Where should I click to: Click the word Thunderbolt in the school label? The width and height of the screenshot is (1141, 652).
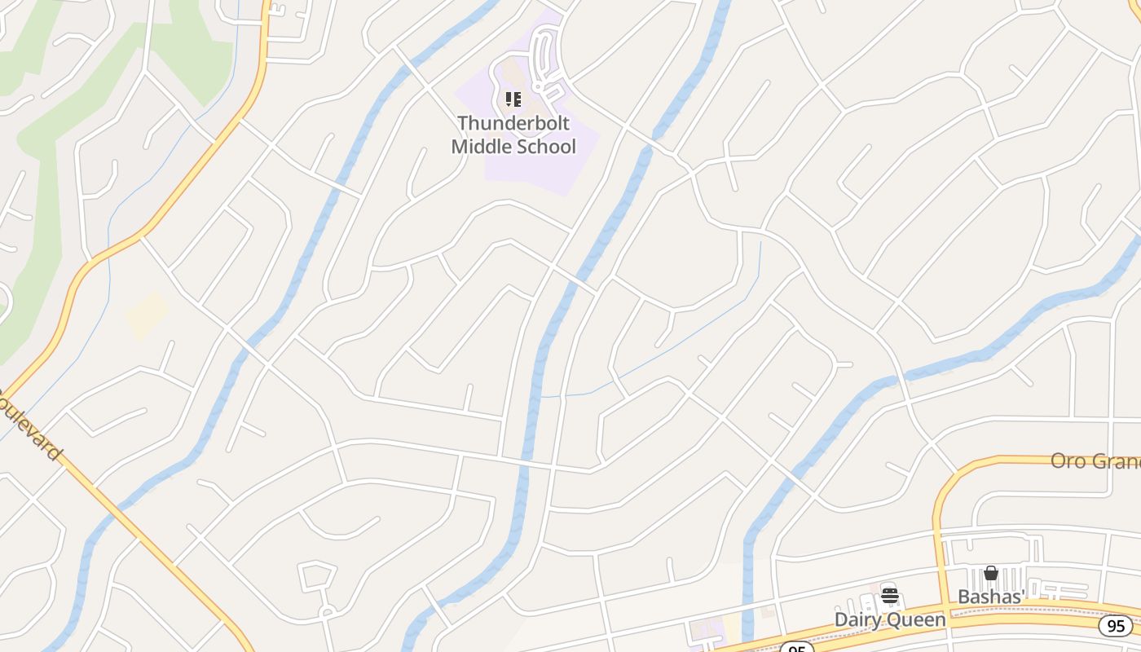tap(513, 123)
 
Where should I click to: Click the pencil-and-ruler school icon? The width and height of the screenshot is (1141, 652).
tap(513, 99)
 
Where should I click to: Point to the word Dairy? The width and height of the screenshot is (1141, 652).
tap(859, 620)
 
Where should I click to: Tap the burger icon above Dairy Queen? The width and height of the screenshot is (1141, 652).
tap(890, 597)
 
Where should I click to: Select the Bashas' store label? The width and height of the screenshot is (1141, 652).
tap(990, 597)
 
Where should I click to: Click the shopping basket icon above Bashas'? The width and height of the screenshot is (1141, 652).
tap(991, 574)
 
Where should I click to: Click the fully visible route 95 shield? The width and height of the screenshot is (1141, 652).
tap(1115, 626)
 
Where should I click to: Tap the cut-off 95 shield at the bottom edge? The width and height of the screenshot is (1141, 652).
tap(795, 648)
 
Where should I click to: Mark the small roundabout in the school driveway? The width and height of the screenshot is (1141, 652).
tap(539, 85)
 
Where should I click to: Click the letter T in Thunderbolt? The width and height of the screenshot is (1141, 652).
tap(463, 123)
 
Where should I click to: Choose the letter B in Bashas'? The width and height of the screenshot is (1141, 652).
tap(963, 597)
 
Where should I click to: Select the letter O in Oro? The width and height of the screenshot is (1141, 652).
tap(1058, 461)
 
